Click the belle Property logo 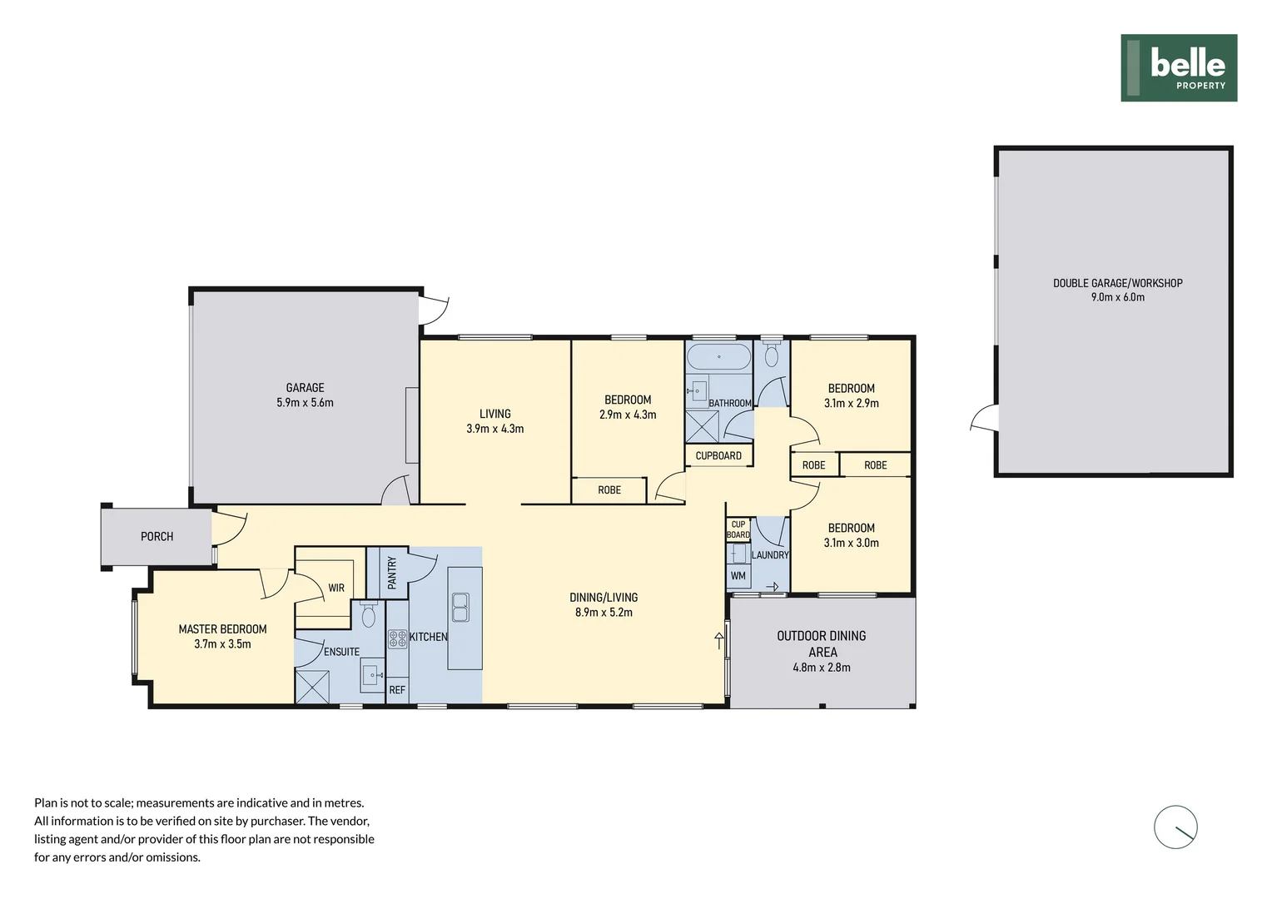[1179, 68]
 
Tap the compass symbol [1175, 827]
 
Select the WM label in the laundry [738, 576]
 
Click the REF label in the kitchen [397, 690]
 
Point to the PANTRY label [392, 573]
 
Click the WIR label [336, 588]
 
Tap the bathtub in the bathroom [718, 356]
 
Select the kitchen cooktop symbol [398, 639]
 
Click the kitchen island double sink [460, 607]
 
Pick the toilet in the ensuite [369, 614]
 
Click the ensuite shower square [312, 687]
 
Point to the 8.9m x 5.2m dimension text [604, 612]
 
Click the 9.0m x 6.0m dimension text [1117, 297]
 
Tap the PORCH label [157, 537]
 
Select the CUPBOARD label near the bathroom [718, 456]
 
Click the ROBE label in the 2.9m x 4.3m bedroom [609, 490]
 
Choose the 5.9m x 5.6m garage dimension [305, 403]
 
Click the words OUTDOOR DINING [821, 636]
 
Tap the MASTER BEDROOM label [222, 629]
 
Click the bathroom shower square [702, 426]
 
